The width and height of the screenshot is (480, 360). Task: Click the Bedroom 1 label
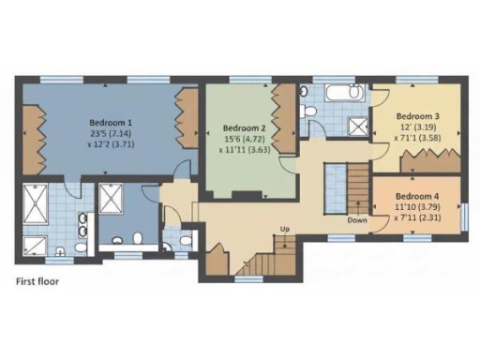tap(111, 122)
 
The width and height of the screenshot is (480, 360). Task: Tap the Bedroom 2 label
tap(245, 127)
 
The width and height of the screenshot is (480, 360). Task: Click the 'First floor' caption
tap(38, 280)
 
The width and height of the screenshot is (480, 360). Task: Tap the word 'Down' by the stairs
tap(356, 220)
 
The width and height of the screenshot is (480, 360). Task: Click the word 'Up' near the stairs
tap(285, 229)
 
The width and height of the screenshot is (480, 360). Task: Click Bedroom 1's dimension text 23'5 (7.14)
tap(111, 133)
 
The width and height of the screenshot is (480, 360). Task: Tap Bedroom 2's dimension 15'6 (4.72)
tap(245, 139)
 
